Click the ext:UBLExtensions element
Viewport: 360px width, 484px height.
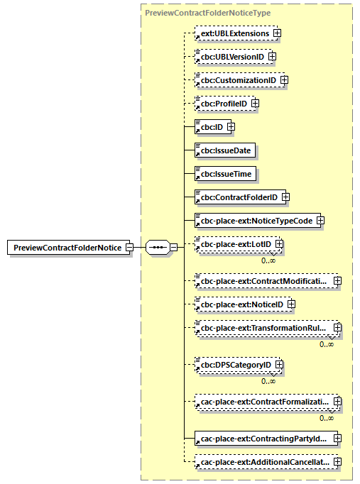[233, 33]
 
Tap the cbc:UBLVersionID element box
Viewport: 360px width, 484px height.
[230, 56]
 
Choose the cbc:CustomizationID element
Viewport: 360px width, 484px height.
[236, 80]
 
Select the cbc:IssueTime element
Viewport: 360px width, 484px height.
[225, 173]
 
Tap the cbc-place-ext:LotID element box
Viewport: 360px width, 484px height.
[234, 245]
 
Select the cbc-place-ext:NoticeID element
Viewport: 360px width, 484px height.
[240, 304]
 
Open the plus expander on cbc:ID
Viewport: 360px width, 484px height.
[231, 127]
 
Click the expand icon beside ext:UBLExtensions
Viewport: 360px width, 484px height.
[278, 33]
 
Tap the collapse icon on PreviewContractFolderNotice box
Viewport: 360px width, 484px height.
[129, 247]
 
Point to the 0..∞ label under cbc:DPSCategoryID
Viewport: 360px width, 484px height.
[268, 380]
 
